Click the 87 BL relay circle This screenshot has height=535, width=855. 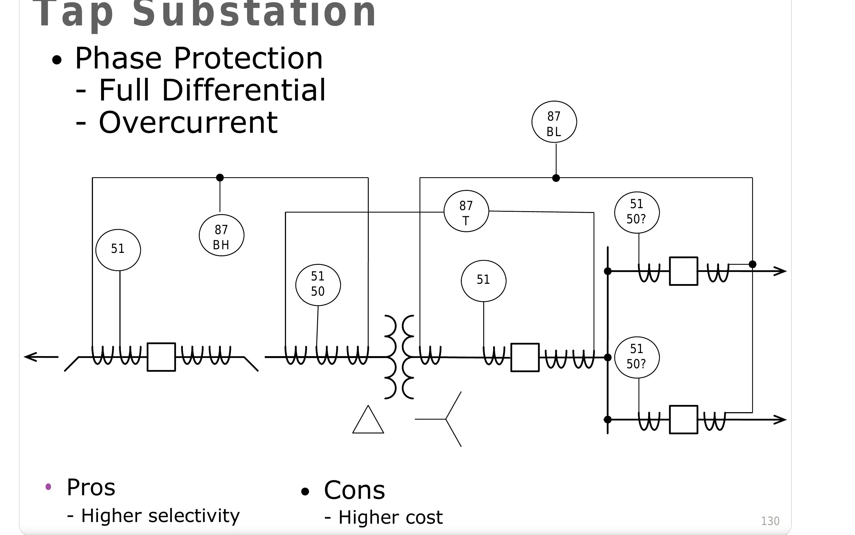(x=554, y=122)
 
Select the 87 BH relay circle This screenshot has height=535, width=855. (x=221, y=235)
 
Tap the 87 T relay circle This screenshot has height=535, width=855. (x=466, y=211)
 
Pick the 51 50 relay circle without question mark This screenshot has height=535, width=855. (x=318, y=285)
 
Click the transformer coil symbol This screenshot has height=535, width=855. (x=399, y=357)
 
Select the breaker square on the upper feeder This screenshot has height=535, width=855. (x=683, y=271)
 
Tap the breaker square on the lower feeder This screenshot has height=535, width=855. (x=683, y=420)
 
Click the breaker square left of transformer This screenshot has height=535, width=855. (x=161, y=357)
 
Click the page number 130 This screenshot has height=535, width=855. (x=770, y=521)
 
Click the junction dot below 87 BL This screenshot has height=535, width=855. (x=556, y=178)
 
